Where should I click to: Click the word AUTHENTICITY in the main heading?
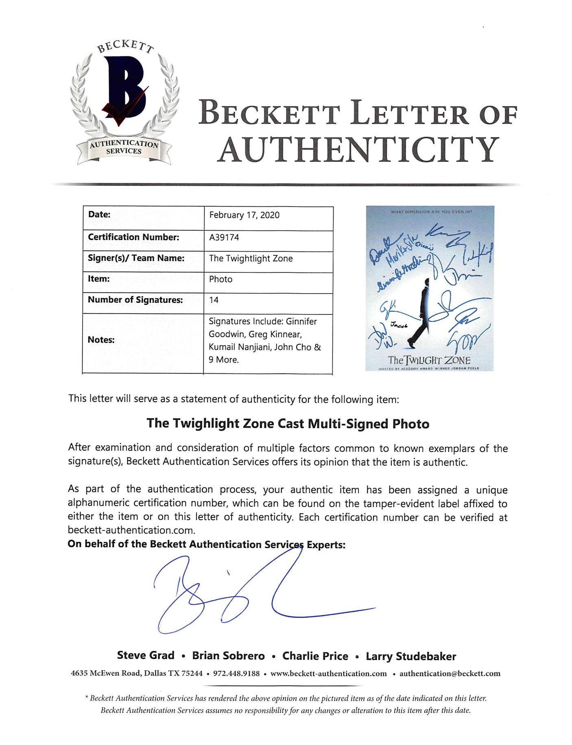coord(358,150)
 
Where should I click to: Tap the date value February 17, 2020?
coord(244,215)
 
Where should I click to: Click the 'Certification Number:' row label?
coord(133,237)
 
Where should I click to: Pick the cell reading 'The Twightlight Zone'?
coord(251,259)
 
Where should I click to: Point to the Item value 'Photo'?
coord(221,279)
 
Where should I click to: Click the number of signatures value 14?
coord(214,300)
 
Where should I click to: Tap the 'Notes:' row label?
coord(101,340)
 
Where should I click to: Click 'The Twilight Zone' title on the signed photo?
coord(429,360)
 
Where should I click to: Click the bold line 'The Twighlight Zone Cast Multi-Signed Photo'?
coord(288,424)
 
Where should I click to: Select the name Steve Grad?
coord(146,656)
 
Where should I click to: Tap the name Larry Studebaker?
coord(410,656)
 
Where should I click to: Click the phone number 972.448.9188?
coord(236,673)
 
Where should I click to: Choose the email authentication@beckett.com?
coord(450,673)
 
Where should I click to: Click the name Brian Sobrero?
coord(228,656)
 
